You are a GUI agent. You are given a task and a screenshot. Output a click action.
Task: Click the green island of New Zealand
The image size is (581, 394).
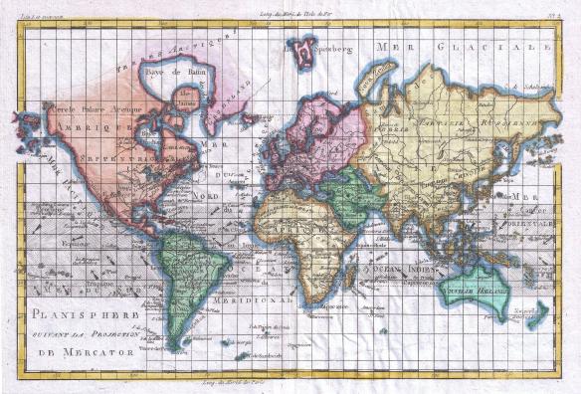pyautogui.click(x=539, y=317)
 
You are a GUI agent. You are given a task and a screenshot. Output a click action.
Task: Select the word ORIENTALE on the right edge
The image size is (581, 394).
pyautogui.click(x=538, y=224)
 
